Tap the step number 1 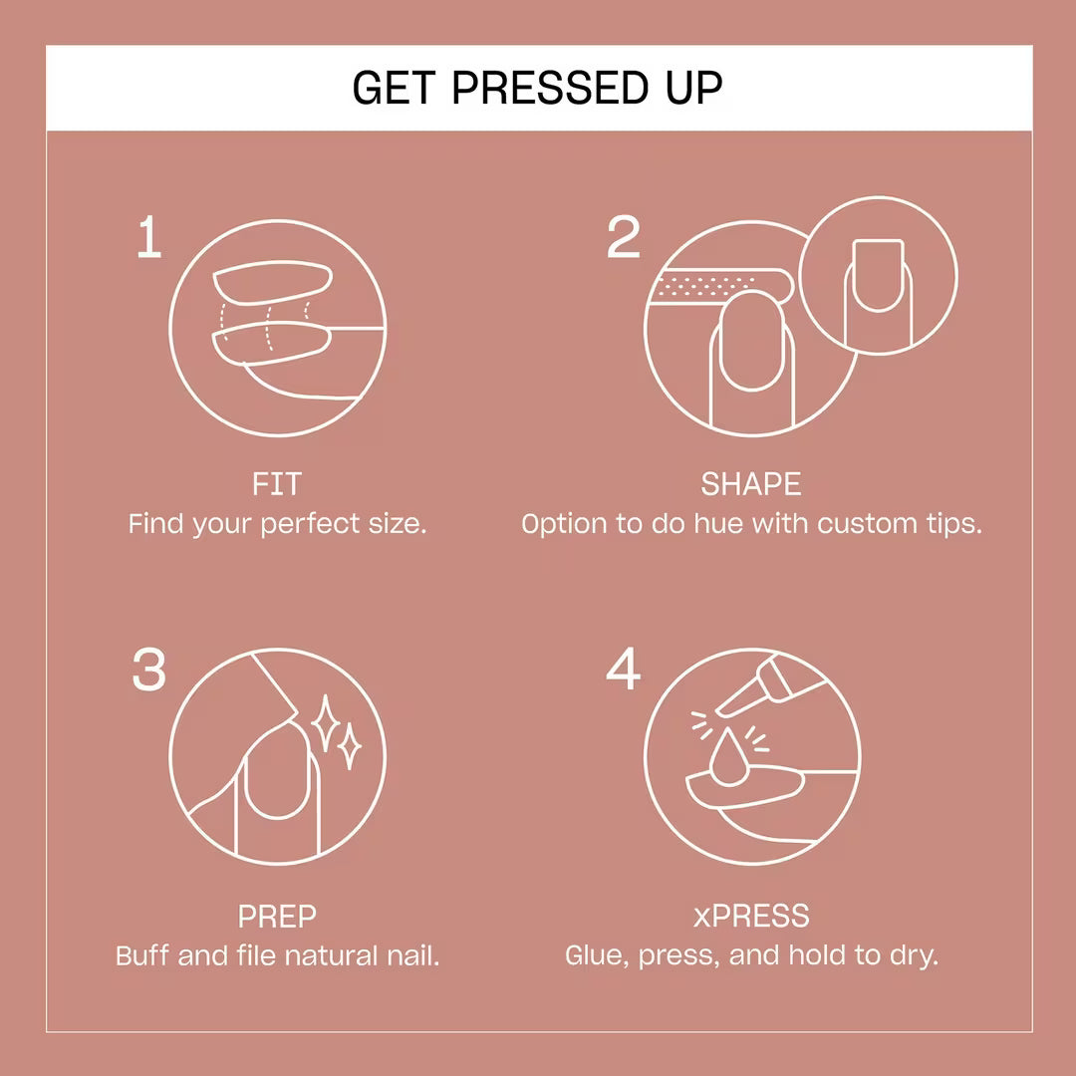(149, 239)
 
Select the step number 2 (624, 239)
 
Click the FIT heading (277, 485)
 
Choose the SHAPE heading (751, 485)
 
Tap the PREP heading (277, 916)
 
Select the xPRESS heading (751, 916)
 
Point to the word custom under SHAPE (870, 524)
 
